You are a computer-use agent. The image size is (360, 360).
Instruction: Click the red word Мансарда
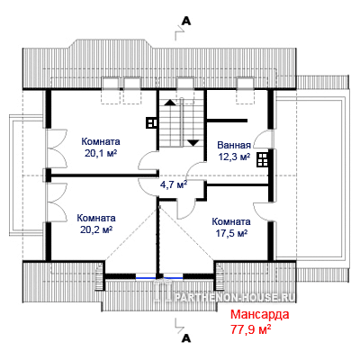(x=260, y=315)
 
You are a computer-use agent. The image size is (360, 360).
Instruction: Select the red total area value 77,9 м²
(x=251, y=329)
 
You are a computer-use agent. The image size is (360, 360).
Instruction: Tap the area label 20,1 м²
(x=101, y=153)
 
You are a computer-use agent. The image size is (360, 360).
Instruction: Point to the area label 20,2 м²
(x=96, y=229)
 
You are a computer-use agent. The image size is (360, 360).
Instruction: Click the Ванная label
(x=234, y=146)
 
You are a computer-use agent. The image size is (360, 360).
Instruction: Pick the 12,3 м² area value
(x=234, y=157)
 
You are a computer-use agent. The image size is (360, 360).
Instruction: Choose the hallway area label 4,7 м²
(x=174, y=184)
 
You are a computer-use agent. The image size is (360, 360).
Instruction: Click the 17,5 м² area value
(x=231, y=233)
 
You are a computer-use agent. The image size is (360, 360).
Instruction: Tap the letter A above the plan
(x=186, y=21)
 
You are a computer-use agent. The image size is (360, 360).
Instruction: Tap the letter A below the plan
(x=186, y=338)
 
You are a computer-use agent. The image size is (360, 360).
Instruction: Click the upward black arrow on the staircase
(x=170, y=103)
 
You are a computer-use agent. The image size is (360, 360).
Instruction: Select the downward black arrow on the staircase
(x=193, y=143)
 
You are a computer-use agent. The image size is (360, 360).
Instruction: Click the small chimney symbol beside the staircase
(x=152, y=122)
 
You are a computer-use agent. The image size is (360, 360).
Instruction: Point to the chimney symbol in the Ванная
(x=263, y=159)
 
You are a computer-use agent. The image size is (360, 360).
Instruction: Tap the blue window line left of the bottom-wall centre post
(x=146, y=278)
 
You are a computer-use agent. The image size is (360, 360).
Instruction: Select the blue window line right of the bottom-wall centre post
(x=173, y=278)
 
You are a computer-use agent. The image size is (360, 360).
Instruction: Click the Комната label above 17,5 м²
(x=231, y=222)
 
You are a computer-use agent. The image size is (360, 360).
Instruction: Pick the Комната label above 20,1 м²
(x=101, y=141)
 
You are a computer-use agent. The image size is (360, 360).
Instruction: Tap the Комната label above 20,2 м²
(x=96, y=218)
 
